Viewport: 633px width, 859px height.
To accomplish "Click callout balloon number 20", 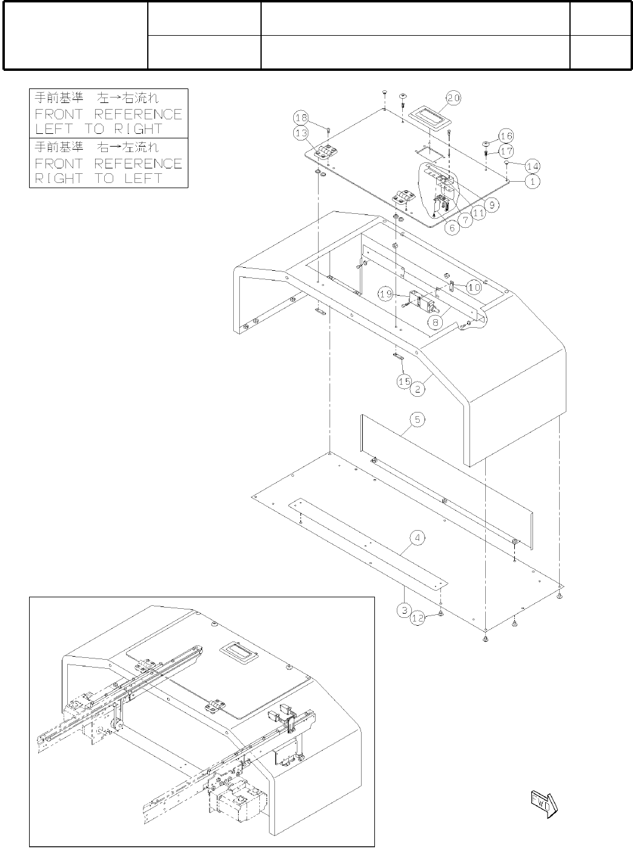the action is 454,98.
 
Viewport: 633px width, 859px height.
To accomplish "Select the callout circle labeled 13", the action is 301,132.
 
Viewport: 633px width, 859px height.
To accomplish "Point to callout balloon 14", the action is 532,165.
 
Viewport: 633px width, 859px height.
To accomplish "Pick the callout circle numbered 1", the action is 532,181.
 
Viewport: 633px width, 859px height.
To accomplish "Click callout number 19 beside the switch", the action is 386,294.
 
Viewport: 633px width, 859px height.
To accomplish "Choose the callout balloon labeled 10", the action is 474,286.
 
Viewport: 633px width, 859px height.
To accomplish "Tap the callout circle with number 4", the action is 418,537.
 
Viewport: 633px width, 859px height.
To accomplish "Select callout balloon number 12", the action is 418,619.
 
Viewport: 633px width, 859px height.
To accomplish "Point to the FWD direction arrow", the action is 543,804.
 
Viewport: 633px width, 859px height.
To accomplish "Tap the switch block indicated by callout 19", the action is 419,300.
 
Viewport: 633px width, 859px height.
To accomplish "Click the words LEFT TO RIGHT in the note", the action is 98,129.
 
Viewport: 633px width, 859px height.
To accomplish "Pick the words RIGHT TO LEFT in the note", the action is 98,178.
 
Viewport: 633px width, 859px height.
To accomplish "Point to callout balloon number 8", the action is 435,322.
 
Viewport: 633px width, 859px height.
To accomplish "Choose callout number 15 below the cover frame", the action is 404,381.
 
